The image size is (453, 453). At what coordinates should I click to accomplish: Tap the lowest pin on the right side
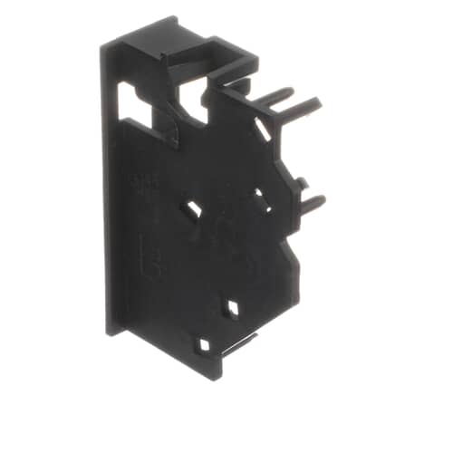pos(312,203)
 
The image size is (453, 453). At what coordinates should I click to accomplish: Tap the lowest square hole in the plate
pos(205,345)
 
